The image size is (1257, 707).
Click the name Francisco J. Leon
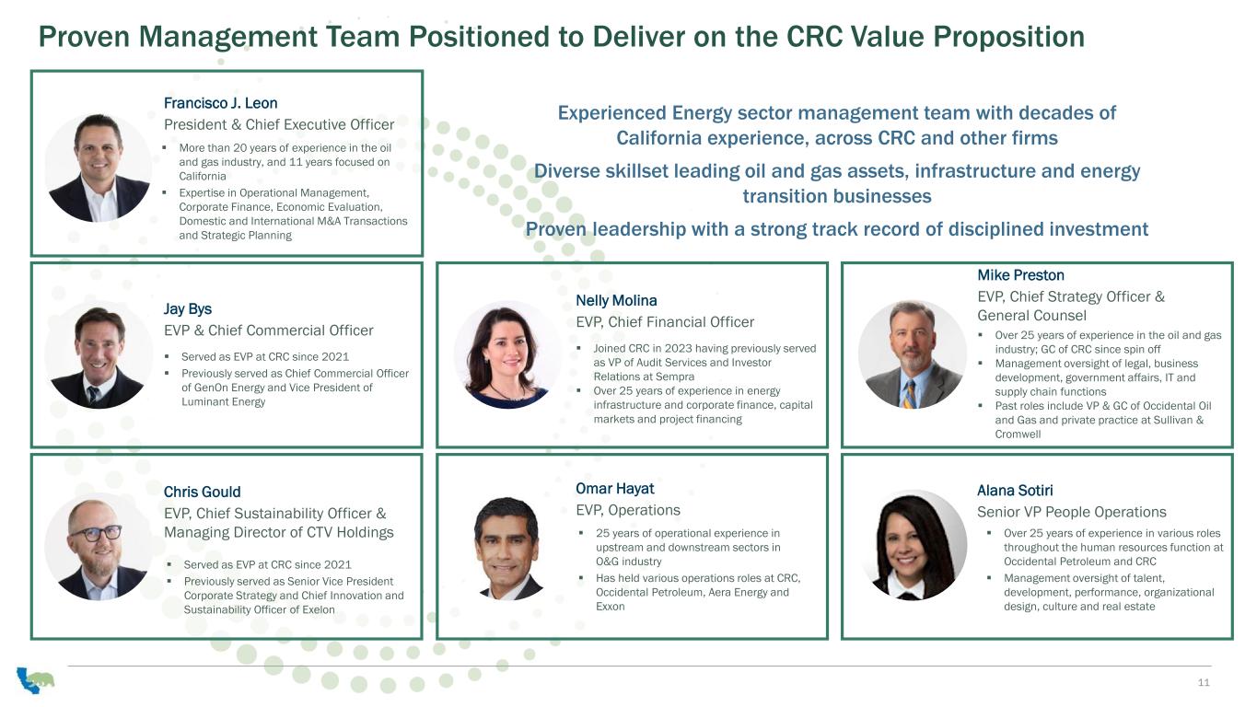point(220,103)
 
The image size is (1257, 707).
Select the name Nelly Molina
point(616,301)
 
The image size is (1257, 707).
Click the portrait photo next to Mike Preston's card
point(912,354)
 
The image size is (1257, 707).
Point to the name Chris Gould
point(202,493)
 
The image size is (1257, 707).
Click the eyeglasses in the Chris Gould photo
point(96,533)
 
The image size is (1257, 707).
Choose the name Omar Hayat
point(615,489)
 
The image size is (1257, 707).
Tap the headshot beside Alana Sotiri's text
point(913,545)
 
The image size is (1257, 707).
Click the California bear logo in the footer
point(35,679)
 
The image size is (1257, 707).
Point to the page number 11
point(1204,682)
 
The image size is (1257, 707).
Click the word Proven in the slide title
point(84,37)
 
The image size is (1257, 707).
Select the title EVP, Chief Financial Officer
point(665,322)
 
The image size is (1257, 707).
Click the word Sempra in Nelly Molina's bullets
point(676,377)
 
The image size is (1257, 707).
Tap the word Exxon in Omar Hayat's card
point(610,607)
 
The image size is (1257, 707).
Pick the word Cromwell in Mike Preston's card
point(1018,435)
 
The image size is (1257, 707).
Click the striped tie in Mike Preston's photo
point(910,394)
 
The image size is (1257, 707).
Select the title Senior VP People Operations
point(1071,512)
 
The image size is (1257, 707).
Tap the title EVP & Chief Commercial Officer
point(268,330)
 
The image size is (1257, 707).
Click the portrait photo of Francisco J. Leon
point(99,168)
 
